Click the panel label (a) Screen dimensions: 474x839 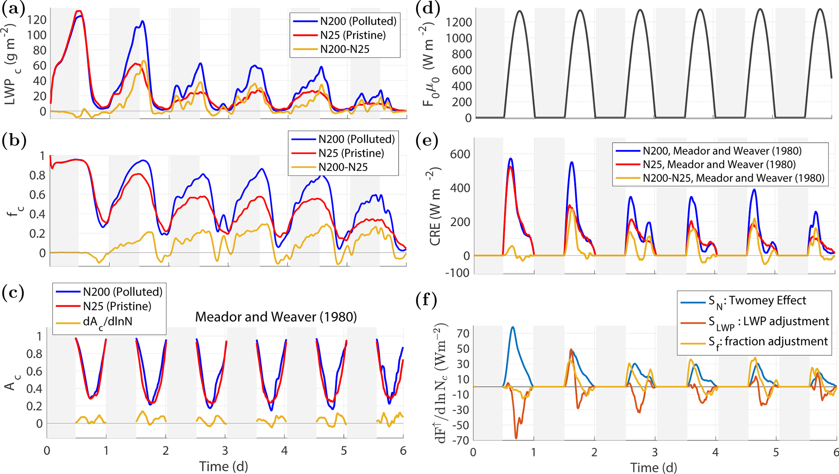pos(13,9)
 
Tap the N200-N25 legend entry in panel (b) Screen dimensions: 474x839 pos(343,167)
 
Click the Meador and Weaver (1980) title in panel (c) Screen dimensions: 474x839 pos(276,317)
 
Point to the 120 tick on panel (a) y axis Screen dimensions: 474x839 pos(37,19)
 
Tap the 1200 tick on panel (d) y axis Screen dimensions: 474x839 pos(459,22)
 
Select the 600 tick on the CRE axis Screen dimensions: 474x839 pos(460,154)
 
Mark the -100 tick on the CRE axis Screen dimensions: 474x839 pos(457,273)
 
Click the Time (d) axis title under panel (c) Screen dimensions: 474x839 pos(224,466)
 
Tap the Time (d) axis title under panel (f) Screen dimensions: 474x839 pos(654,467)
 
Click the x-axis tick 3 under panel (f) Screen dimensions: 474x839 pos(655,452)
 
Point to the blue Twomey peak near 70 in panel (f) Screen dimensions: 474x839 pos(513,327)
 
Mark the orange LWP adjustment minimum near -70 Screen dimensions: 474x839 pos(516,438)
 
